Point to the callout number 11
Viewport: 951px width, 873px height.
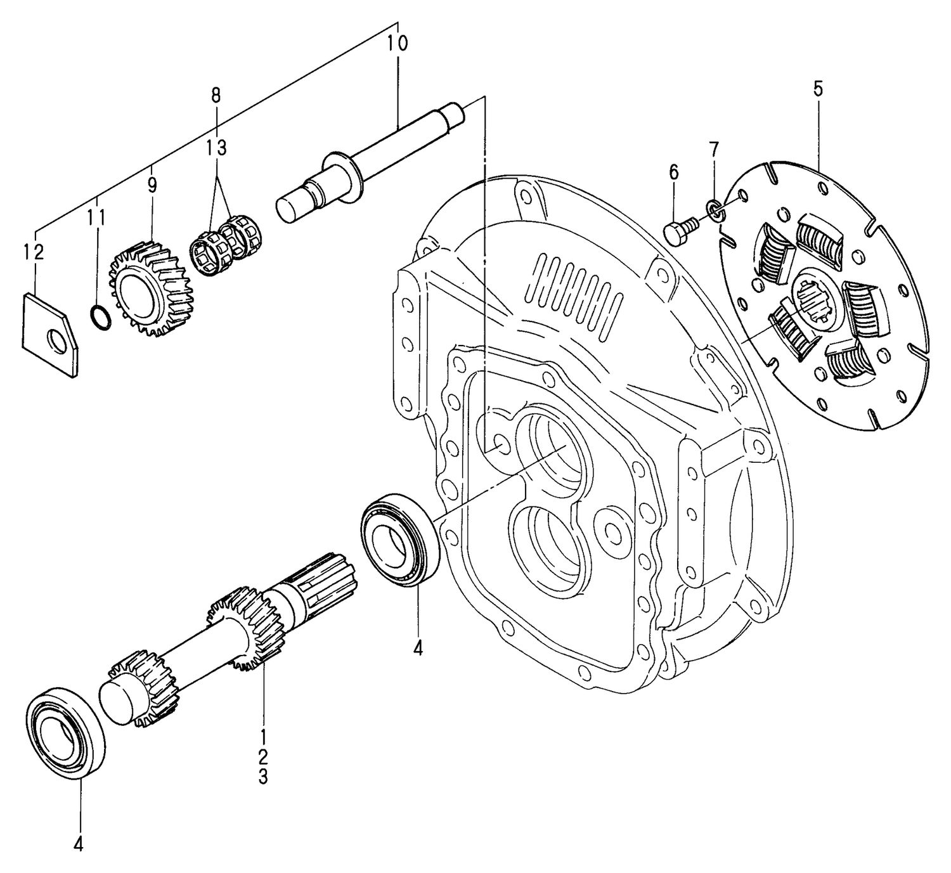(96, 217)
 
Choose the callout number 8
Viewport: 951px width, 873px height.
(216, 96)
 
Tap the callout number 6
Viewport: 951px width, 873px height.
(673, 172)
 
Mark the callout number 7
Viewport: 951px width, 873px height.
(714, 150)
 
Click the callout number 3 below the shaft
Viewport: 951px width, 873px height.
(263, 777)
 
